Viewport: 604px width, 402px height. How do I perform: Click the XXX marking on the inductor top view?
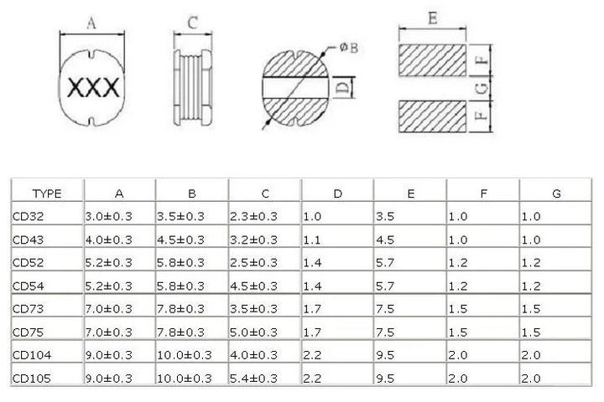click(93, 88)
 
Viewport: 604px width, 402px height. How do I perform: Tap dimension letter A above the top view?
click(91, 23)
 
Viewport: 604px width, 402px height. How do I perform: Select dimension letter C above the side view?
click(193, 23)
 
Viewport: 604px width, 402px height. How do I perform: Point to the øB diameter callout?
click(349, 48)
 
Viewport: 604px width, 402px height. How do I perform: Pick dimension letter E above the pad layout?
click(433, 18)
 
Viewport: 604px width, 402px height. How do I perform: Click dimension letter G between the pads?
click(482, 89)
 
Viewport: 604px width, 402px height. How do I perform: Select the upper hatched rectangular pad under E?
click(432, 60)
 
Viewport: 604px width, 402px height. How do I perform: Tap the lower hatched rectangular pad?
click(432, 116)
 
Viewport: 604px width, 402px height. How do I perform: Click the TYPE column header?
click(47, 193)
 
